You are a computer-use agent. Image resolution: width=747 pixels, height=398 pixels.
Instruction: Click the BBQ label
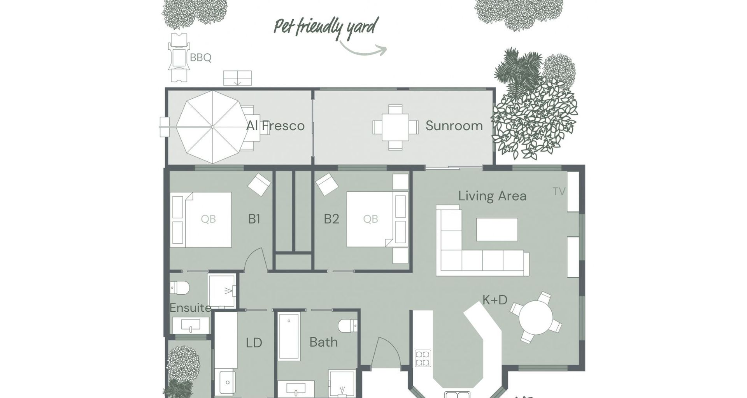click(200, 58)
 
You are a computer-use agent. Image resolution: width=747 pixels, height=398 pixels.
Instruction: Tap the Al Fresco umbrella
click(212, 127)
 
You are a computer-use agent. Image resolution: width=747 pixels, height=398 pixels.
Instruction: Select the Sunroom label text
click(454, 126)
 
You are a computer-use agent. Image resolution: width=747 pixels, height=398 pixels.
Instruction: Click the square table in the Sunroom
click(395, 127)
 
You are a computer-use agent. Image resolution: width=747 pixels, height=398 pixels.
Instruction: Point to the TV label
click(559, 191)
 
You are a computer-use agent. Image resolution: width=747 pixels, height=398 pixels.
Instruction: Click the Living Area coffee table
click(497, 229)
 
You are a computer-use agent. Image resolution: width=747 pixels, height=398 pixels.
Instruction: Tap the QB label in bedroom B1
click(208, 219)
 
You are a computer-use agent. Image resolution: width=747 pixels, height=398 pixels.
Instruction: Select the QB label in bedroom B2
click(370, 219)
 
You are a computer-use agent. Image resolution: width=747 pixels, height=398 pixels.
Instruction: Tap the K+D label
click(495, 300)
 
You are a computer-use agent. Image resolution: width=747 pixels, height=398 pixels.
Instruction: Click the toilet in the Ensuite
click(180, 288)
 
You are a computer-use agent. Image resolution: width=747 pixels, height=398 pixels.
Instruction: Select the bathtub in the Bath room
click(289, 336)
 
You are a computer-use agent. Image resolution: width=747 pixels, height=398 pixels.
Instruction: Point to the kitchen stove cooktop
click(423, 358)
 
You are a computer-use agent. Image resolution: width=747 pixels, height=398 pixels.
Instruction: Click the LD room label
click(254, 343)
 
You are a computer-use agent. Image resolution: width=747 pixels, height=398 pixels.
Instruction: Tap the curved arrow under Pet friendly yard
click(363, 49)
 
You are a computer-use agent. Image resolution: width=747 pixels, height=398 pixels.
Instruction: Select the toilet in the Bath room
click(348, 326)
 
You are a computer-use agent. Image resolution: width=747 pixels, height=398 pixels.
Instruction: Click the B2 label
click(331, 219)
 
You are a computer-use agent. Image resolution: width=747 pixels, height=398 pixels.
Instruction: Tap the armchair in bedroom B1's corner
click(260, 184)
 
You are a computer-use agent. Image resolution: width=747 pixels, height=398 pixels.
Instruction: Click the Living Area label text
click(492, 196)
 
